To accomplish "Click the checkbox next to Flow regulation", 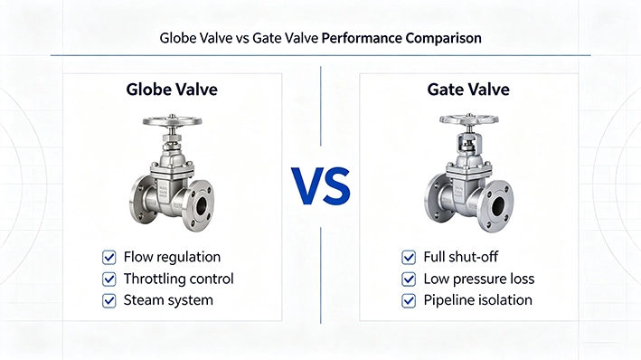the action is pyautogui.click(x=108, y=257).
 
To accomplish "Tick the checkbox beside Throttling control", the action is pyautogui.click(x=108, y=279).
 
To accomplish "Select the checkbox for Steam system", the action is pyautogui.click(x=108, y=300).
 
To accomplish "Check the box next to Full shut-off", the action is pyautogui.click(x=409, y=257).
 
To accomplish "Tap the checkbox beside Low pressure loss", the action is pyautogui.click(x=409, y=279).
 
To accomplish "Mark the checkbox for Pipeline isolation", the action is pyautogui.click(x=409, y=300).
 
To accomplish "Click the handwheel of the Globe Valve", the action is pyautogui.click(x=172, y=121).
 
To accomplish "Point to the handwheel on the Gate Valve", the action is pyautogui.click(x=469, y=119).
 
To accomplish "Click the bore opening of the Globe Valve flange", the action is pyautogui.click(x=202, y=205).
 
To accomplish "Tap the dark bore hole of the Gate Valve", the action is pyautogui.click(x=498, y=205).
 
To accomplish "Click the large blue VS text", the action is pyautogui.click(x=321, y=186).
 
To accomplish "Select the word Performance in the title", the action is pyautogui.click(x=362, y=38).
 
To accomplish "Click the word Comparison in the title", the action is pyautogui.click(x=444, y=39).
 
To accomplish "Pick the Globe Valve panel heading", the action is pyautogui.click(x=172, y=90).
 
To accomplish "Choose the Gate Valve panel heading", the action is pyautogui.click(x=468, y=90).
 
